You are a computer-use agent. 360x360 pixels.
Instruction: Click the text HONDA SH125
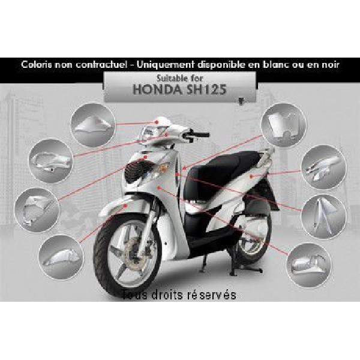(179, 89)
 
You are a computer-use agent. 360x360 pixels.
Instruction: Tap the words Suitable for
(180, 78)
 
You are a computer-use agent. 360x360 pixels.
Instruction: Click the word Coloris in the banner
(37, 65)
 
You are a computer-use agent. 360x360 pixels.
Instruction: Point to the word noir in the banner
(330, 65)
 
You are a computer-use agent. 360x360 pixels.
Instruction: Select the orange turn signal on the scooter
(163, 168)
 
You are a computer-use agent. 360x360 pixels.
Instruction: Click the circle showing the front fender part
(61, 257)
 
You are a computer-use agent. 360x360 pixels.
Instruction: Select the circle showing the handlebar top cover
(93, 125)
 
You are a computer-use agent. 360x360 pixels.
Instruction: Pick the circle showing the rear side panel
(324, 167)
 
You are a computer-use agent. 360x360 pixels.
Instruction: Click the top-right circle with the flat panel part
(284, 125)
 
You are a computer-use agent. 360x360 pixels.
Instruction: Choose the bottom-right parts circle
(309, 265)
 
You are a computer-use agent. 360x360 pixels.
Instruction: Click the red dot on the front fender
(125, 205)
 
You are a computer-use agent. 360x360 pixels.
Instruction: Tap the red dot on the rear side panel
(251, 176)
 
